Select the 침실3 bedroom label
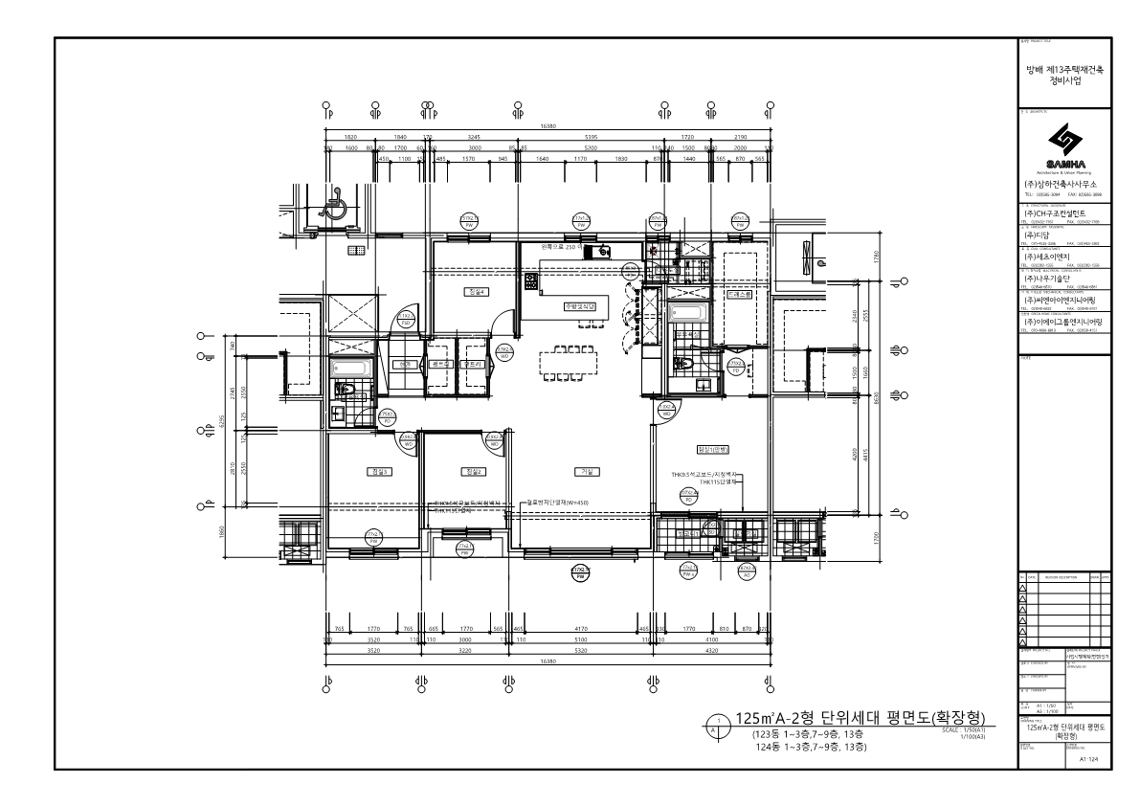(x=374, y=471)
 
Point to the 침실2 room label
(x=472, y=471)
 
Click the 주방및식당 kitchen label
(x=580, y=306)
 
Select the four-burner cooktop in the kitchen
(x=531, y=281)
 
